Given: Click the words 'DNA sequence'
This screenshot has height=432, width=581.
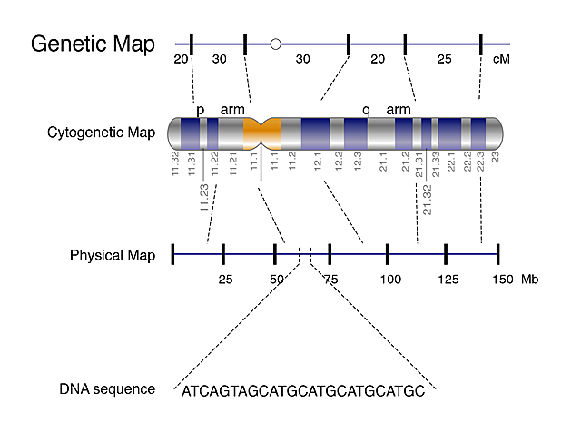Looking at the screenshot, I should tap(107, 389).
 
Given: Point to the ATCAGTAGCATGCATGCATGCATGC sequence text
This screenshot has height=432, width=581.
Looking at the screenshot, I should tap(303, 391).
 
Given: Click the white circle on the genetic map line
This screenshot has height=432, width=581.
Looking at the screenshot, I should tap(276, 43).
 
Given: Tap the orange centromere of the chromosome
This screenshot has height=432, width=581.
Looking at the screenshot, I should tap(262, 133).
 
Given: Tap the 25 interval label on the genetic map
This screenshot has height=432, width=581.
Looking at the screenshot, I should tap(444, 59).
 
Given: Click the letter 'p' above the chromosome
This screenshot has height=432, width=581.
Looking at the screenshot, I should tap(201, 109).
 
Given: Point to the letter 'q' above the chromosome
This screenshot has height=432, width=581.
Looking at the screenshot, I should tap(366, 109).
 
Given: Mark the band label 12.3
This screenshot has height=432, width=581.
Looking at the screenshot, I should tap(359, 164).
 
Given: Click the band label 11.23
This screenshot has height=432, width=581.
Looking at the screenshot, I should tap(204, 199).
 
